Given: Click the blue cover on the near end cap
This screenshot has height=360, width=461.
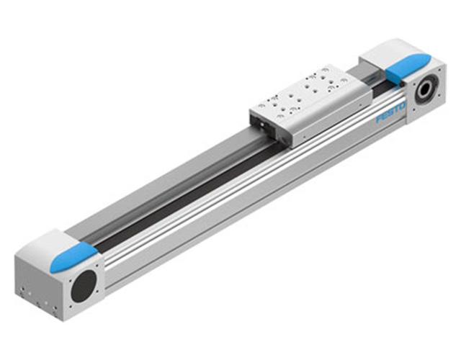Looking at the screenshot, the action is [x=73, y=256].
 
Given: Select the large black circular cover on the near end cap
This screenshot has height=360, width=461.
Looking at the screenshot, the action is [x=84, y=286].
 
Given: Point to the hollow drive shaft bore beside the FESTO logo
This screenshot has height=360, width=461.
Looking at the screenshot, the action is [x=426, y=88].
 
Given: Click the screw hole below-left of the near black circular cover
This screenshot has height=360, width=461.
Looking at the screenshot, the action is [x=71, y=307].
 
